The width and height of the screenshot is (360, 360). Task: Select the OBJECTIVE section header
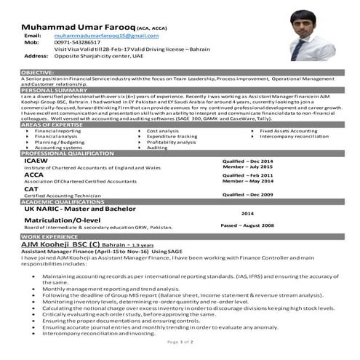(38, 73)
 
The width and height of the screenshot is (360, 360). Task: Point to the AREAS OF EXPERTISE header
(52, 125)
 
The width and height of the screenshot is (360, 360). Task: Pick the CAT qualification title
(32, 189)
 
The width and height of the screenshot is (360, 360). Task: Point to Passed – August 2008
(247, 226)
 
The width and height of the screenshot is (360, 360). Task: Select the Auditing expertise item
(157, 148)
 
